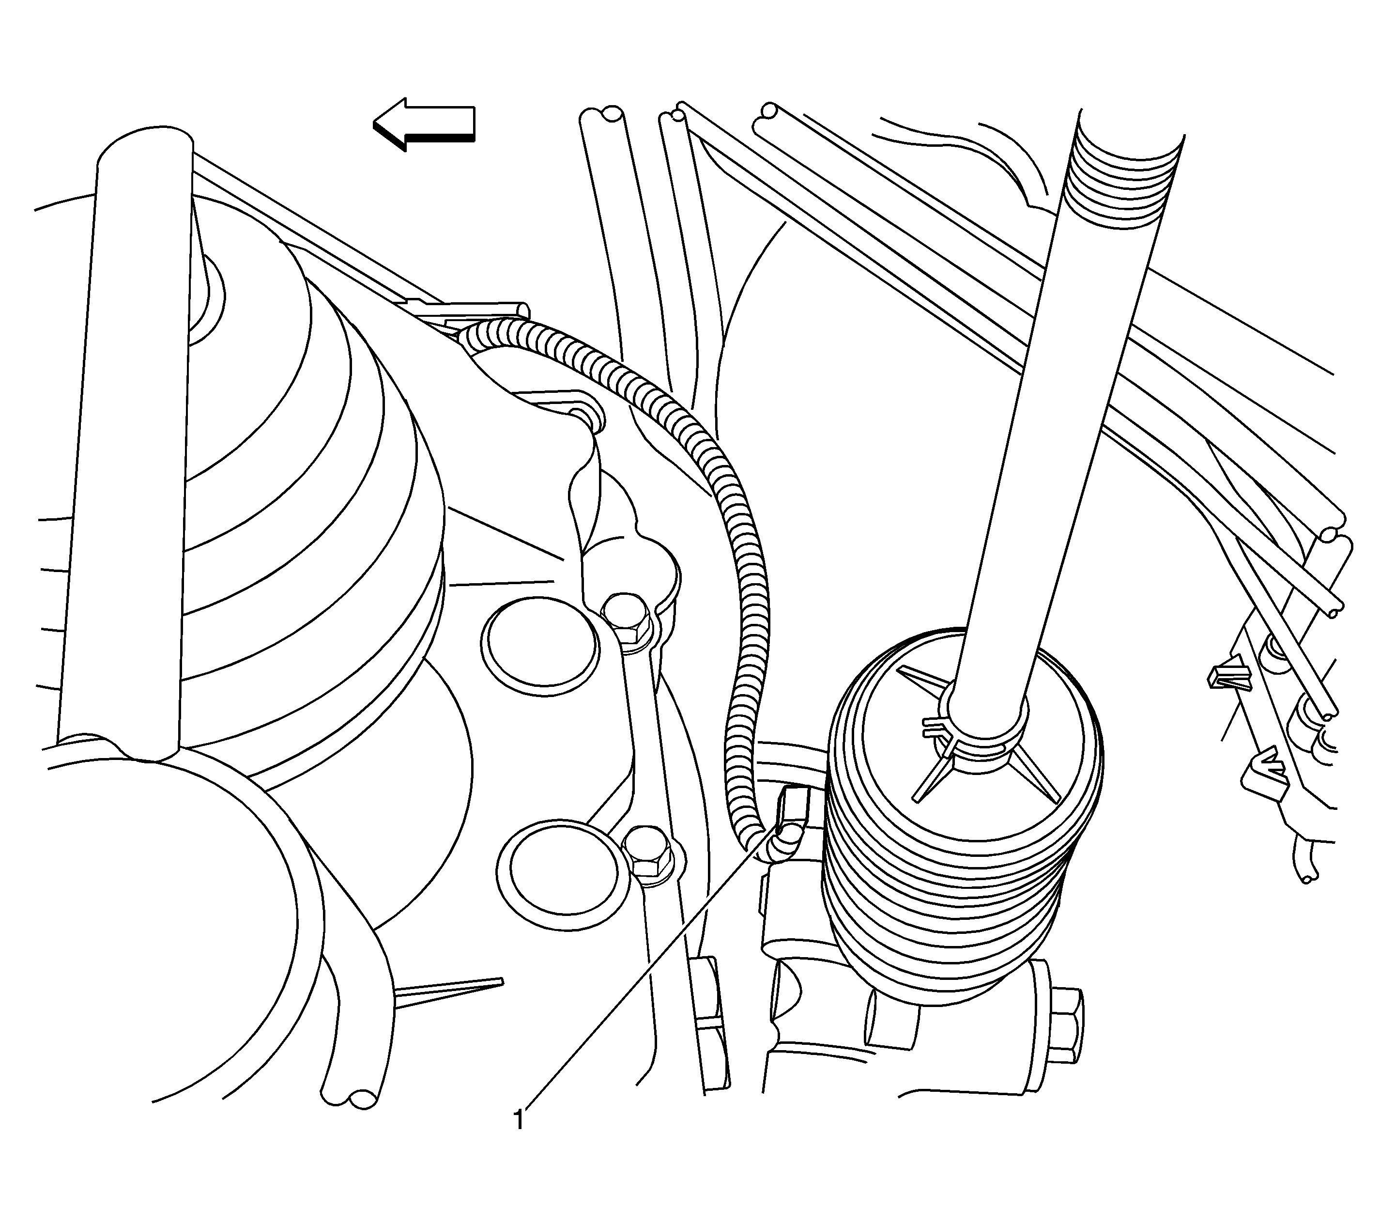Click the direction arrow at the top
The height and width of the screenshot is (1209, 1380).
[425, 124]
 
